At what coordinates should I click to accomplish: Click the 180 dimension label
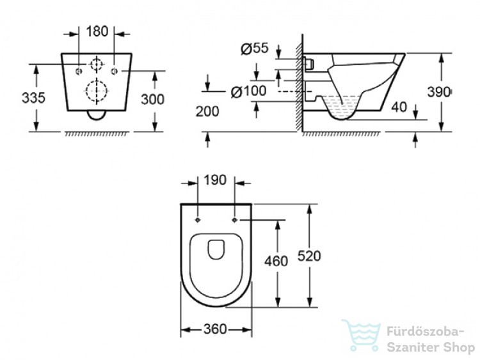pos(97,31)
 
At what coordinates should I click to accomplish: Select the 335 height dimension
pos(33,98)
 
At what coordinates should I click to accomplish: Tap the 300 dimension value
pos(152,99)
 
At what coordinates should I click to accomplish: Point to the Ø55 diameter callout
pos(254,49)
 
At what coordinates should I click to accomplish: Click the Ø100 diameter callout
pos(248,91)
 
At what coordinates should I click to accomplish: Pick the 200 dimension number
pos(207,112)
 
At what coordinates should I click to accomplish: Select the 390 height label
pos(438,92)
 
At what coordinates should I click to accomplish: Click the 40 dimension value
pos(399,107)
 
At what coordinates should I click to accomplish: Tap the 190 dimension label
pos(215,180)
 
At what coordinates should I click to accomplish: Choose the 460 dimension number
pos(276,261)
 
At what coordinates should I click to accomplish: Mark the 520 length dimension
pos(309,256)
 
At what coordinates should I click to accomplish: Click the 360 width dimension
pos(215,329)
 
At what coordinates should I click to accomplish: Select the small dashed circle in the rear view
pos(91,65)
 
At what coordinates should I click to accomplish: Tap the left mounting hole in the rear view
pos(79,71)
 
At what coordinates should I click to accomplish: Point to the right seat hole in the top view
pos(234,220)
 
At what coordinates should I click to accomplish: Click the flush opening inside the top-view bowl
pos(208,249)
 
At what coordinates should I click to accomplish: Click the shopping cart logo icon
pos(362,336)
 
